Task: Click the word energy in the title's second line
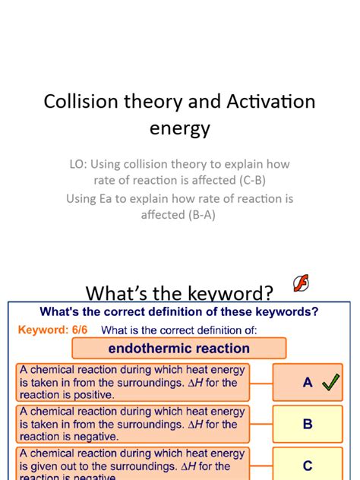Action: click(x=179, y=128)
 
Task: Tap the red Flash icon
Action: click(x=300, y=283)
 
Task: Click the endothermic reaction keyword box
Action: click(x=179, y=349)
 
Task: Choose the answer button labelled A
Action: click(x=308, y=383)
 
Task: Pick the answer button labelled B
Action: click(x=308, y=424)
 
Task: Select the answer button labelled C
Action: click(x=308, y=466)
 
